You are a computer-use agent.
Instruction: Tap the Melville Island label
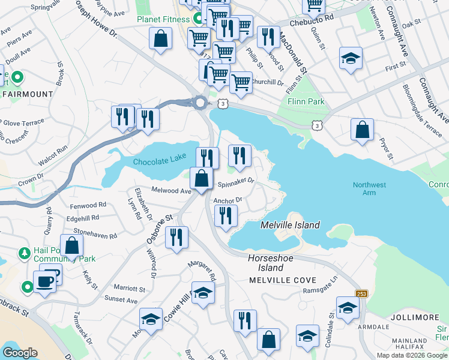290,226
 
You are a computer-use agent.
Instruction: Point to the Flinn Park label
306,101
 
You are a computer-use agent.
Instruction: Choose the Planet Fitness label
163,19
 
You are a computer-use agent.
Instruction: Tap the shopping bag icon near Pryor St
362,130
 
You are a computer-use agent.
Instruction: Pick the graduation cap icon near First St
351,58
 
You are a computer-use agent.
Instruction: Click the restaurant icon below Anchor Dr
226,215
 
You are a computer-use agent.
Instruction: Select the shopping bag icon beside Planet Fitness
160,39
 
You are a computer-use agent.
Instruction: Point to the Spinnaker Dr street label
236,181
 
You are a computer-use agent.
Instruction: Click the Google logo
20,353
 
